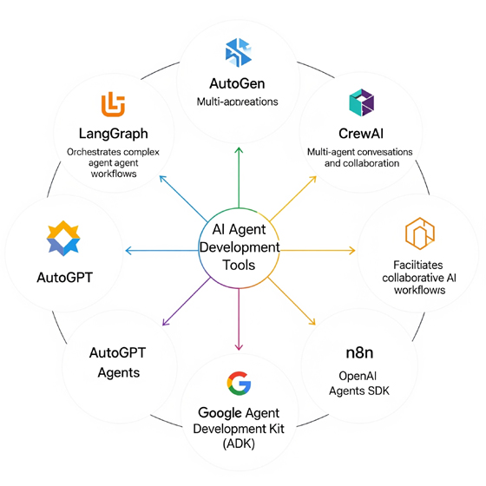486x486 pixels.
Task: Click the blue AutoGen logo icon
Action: [x=239, y=52]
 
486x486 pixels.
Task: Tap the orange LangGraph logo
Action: [x=113, y=104]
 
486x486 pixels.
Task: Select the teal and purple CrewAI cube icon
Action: [x=361, y=102]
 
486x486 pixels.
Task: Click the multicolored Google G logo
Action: [x=239, y=384]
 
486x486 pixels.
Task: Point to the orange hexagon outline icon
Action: [x=420, y=233]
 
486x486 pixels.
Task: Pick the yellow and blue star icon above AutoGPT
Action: [x=63, y=238]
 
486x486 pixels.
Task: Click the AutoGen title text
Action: [x=237, y=83]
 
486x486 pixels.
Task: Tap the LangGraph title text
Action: [x=114, y=134]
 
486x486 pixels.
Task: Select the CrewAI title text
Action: [x=361, y=134]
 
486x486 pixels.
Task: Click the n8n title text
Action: [x=359, y=352]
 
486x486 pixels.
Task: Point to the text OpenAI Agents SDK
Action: [x=359, y=384]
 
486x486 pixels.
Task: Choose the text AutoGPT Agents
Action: [x=118, y=363]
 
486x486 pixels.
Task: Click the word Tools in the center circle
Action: [x=239, y=265]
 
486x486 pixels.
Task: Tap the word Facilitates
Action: [x=417, y=265]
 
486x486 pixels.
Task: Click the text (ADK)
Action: [x=239, y=443]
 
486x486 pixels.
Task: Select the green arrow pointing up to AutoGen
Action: [x=239, y=178]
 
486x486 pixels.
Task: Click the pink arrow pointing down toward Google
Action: [x=239, y=319]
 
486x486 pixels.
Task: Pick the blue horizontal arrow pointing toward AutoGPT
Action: [x=161, y=251]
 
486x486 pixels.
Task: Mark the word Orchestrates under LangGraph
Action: [x=94, y=152]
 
